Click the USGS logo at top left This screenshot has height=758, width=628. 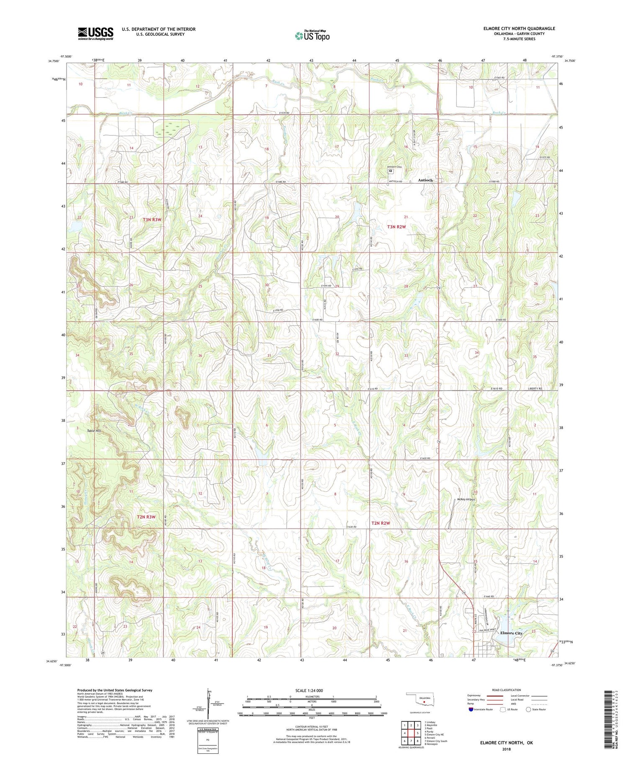[95, 33]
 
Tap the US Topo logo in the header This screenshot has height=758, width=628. [312, 36]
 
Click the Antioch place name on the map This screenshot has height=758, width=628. [425, 180]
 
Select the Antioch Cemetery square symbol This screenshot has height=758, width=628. [391, 171]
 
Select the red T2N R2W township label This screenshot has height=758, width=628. [381, 523]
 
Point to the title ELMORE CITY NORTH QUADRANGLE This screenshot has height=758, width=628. [519, 28]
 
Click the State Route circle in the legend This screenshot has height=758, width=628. [528, 710]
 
